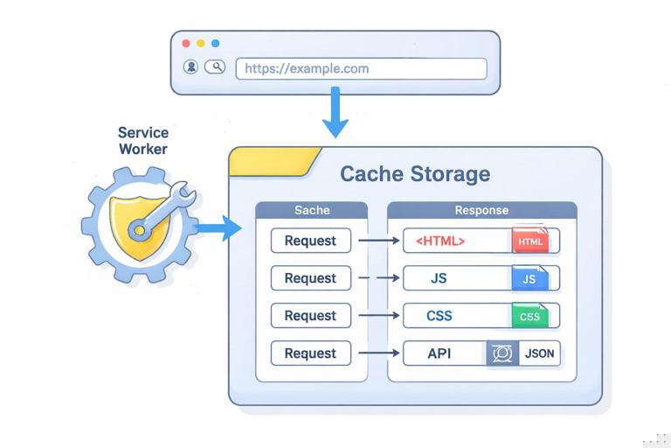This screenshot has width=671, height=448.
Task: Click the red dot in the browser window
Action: [x=185, y=43]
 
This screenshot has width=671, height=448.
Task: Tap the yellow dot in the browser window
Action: [x=200, y=43]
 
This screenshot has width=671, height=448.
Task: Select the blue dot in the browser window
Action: [x=215, y=43]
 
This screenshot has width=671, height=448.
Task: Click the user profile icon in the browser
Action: [x=190, y=67]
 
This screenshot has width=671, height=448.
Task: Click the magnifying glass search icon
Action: [x=214, y=67]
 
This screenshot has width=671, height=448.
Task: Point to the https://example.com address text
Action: [x=307, y=68]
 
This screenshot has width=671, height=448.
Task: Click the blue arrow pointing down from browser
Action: [x=335, y=115]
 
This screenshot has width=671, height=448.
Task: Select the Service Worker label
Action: [x=143, y=141]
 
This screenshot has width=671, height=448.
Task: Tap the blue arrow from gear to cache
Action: [x=218, y=229]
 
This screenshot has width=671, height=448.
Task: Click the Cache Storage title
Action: [x=415, y=173]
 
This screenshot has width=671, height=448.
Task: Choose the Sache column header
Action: [x=312, y=211]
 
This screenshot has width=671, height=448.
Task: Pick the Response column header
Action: [x=481, y=211]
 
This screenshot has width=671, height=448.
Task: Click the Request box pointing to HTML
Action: [x=310, y=241]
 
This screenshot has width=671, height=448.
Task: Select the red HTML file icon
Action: [x=529, y=241]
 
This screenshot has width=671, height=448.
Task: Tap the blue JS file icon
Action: [x=529, y=279]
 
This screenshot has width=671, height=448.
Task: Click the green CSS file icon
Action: [x=529, y=317]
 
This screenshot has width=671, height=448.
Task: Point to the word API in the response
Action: [x=439, y=353]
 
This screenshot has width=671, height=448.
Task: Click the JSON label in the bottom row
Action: [x=536, y=354]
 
